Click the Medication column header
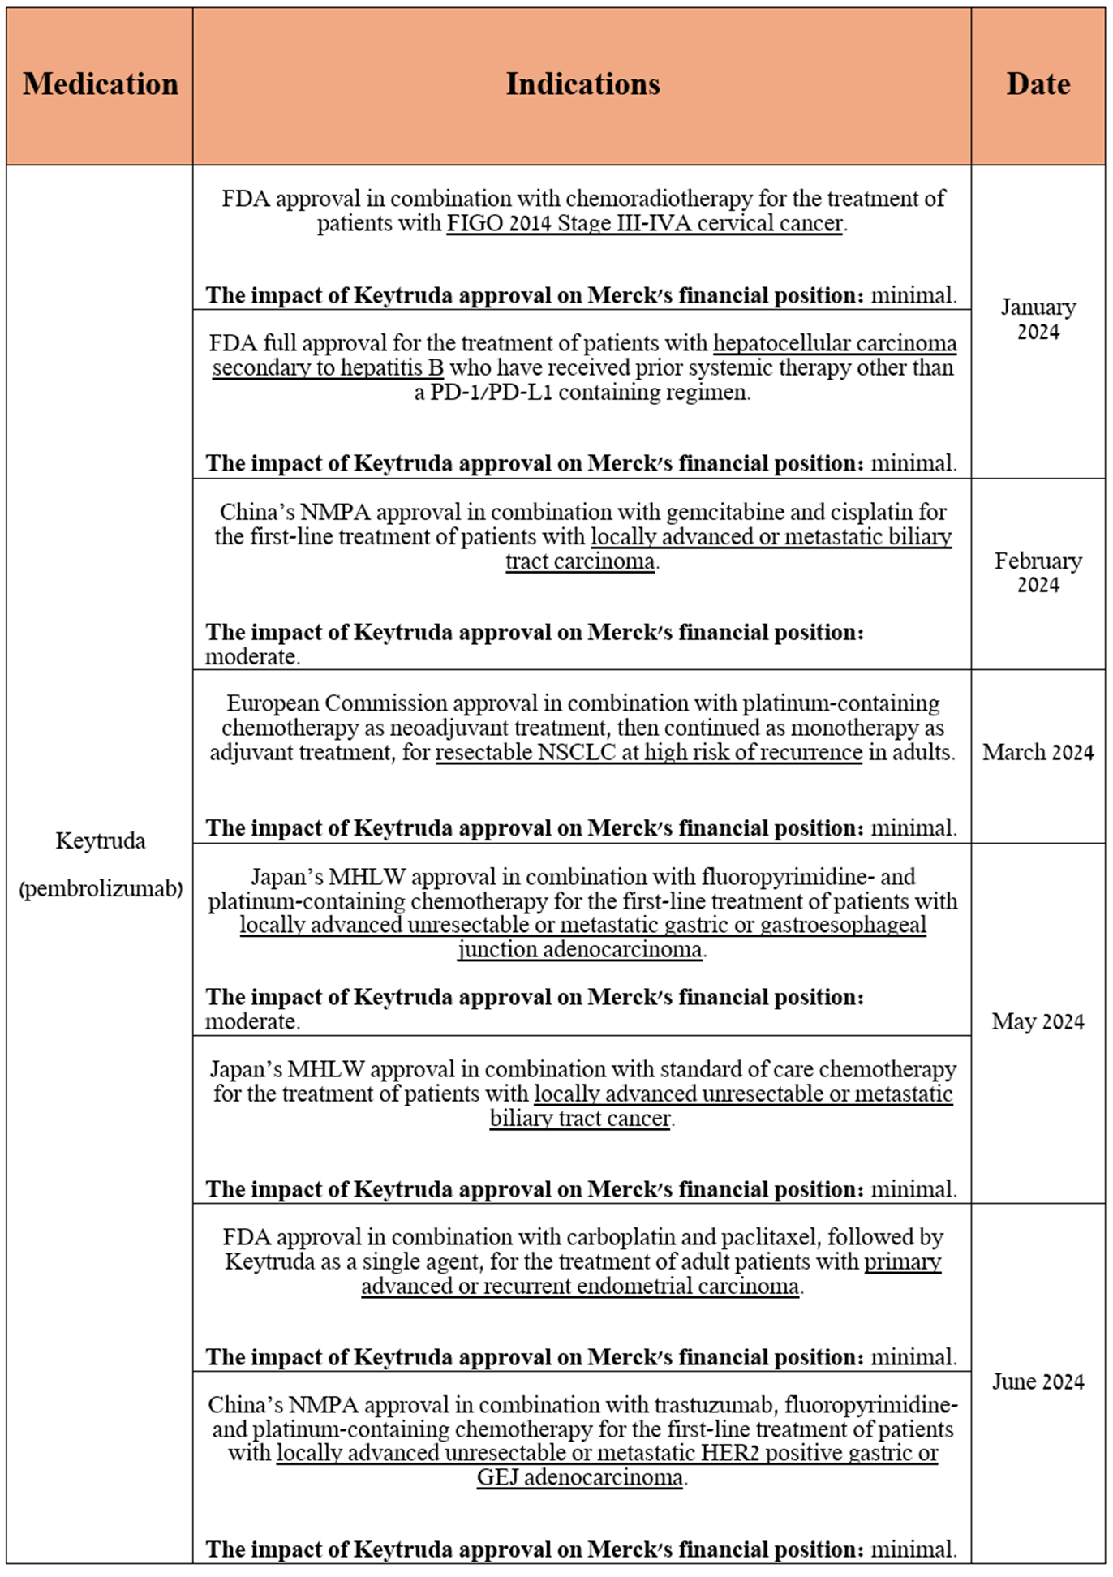(x=100, y=84)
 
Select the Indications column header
(x=582, y=84)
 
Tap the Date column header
(x=1038, y=84)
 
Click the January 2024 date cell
(x=1038, y=320)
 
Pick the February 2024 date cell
(x=1038, y=573)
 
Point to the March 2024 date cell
(x=1038, y=753)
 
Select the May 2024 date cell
(x=1038, y=1021)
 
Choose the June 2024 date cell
(x=1038, y=1381)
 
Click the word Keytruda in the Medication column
(x=100, y=840)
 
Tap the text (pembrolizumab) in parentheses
(x=100, y=889)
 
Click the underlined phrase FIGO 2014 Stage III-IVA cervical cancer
(x=645, y=223)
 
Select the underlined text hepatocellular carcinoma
(x=835, y=343)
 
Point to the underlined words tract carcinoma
(x=579, y=561)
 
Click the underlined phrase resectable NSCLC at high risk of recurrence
(x=648, y=753)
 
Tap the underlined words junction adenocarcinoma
(x=579, y=949)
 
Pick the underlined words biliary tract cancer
(x=579, y=1119)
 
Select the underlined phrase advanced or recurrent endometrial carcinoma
(x=579, y=1287)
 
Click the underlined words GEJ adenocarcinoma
(x=579, y=1477)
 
